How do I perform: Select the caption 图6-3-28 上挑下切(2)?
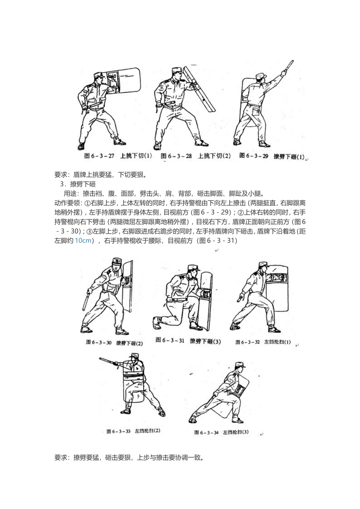pyautogui.click(x=196, y=156)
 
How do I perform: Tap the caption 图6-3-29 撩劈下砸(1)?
pyautogui.click(x=272, y=156)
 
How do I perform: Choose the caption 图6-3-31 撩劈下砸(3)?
pyautogui.click(x=188, y=341)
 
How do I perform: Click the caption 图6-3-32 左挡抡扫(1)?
pyautogui.click(x=263, y=342)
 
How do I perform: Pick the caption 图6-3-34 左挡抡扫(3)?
pyautogui.click(x=222, y=432)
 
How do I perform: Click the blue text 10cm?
pyautogui.click(x=83, y=240)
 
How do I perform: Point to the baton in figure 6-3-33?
pyautogui.click(x=110, y=362)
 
